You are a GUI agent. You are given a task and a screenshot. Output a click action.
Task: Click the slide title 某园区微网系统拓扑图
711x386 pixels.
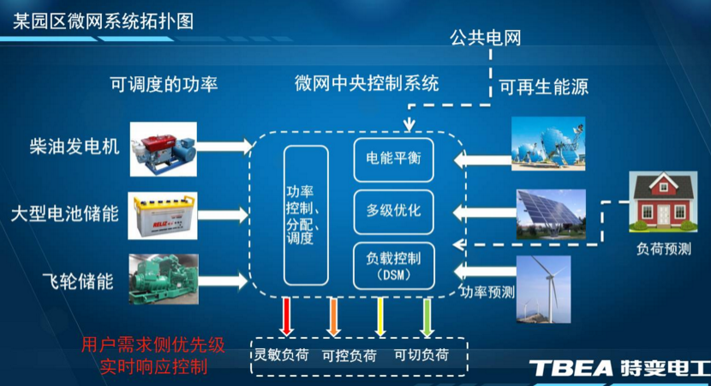104,20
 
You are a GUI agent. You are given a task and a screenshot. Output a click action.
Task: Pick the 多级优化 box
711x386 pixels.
393,209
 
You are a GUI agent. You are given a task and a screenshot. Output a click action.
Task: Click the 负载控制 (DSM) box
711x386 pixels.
393,265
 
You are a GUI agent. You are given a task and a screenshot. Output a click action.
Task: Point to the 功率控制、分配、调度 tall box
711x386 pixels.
306,214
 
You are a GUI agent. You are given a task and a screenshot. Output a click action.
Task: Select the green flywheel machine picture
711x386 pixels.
162,277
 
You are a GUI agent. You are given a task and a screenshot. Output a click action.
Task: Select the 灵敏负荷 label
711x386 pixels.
280,354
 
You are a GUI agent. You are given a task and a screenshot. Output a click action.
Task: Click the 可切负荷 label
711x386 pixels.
421,354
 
